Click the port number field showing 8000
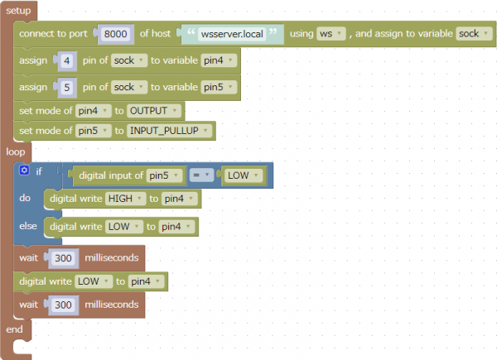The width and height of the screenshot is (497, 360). click(115, 34)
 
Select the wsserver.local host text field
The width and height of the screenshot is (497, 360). click(232, 34)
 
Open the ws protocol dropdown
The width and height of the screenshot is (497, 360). click(331, 34)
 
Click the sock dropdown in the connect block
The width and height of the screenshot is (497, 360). click(474, 34)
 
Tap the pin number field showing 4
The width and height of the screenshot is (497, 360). click(66, 60)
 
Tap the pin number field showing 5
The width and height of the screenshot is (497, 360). click(66, 87)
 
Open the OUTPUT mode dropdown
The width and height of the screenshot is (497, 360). click(154, 111)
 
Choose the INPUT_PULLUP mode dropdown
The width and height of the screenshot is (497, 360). click(169, 131)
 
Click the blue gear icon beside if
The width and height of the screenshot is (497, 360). click(24, 170)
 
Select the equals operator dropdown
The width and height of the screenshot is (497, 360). click(201, 175)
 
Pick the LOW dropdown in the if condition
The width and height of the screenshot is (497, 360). click(243, 175)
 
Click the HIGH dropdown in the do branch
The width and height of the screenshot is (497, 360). click(126, 199)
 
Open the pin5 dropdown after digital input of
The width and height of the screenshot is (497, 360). click(164, 175)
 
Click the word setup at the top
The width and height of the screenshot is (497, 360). click(18, 11)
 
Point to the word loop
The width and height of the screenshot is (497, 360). click(16, 152)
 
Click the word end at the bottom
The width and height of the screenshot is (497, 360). click(14, 329)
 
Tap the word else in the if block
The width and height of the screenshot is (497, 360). click(28, 226)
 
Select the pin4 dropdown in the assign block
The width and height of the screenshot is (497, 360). click(219, 60)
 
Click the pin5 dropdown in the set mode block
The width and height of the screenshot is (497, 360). click(93, 131)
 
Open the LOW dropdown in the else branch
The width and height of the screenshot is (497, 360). click(124, 227)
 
